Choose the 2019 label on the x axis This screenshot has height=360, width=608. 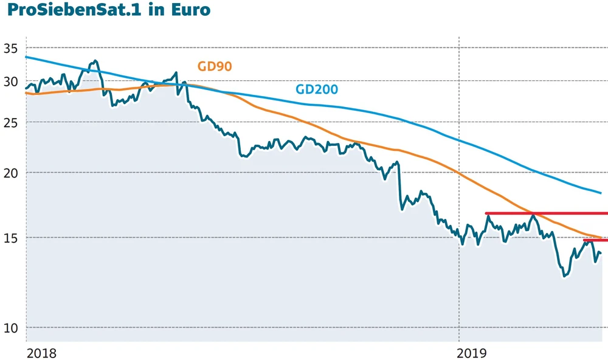click(x=473, y=353)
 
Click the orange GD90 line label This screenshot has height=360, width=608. click(x=215, y=67)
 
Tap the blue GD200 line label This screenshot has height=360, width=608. click(x=317, y=89)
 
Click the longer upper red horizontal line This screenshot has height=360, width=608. click(x=546, y=213)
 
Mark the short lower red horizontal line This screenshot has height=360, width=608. click(x=595, y=240)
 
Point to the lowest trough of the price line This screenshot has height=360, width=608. click(x=564, y=276)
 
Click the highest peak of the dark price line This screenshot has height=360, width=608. click(x=95, y=61)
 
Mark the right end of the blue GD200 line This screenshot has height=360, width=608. click(x=601, y=193)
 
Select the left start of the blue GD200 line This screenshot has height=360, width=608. click(x=26, y=57)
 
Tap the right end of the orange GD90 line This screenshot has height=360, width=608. click(x=601, y=238)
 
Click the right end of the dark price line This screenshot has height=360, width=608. click(x=601, y=253)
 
